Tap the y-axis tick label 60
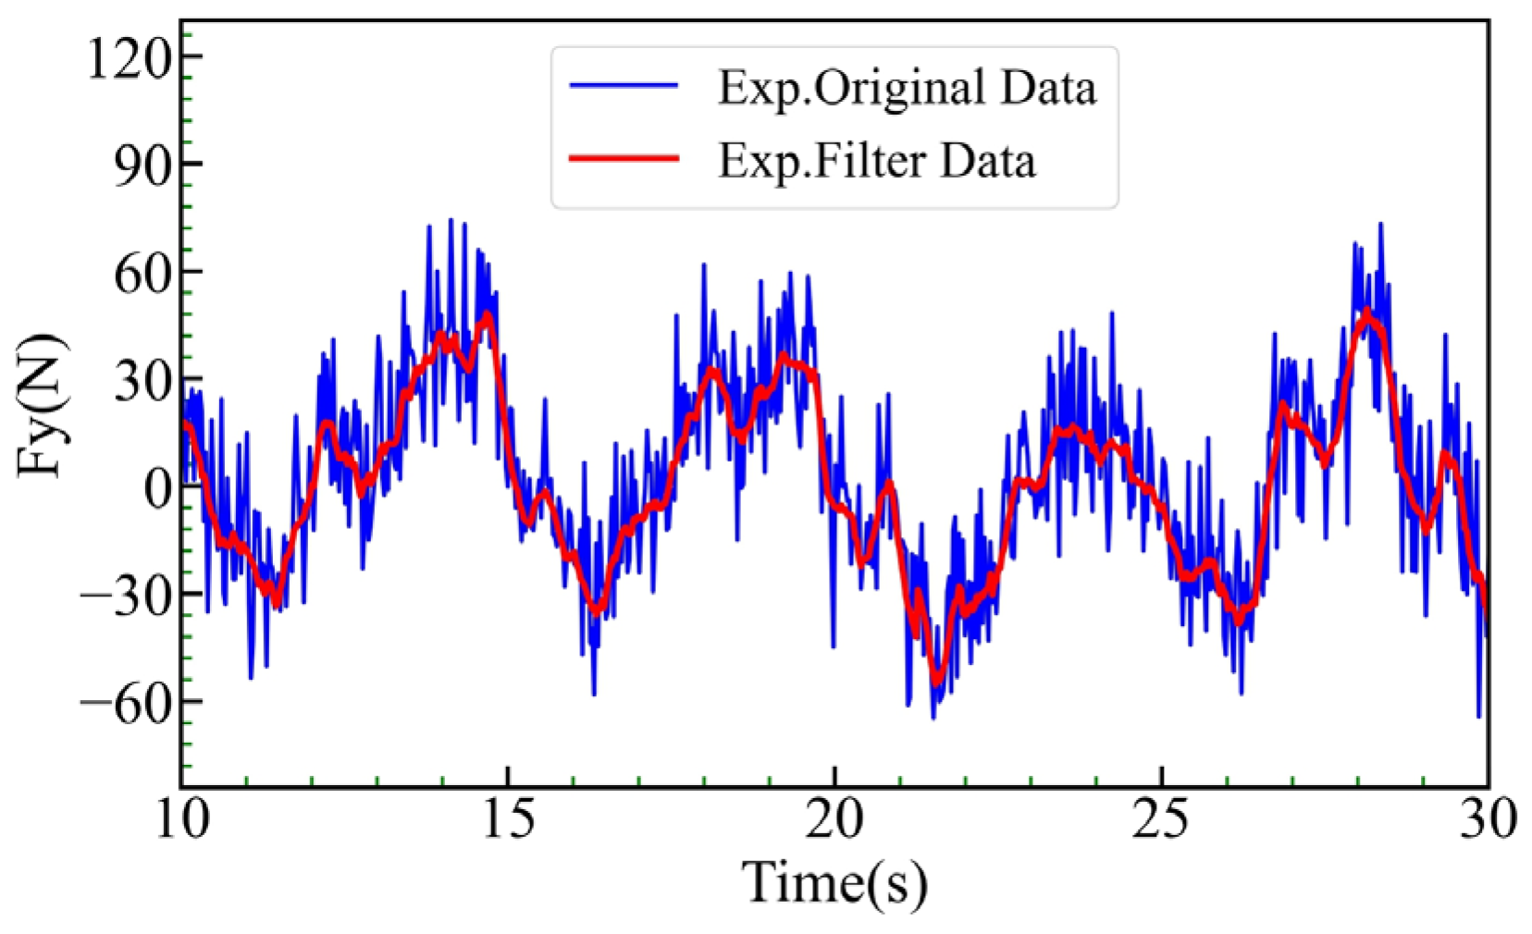pos(143,274)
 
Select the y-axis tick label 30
pos(143,381)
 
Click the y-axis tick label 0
pos(158,488)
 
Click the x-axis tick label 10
pos(182,817)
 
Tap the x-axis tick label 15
pos(509,817)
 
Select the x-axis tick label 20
pos(834,817)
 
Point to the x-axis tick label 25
pos(1161,817)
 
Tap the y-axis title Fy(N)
pos(41,407)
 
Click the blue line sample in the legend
pos(624,86)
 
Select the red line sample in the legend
pos(624,159)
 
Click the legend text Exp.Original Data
pos(907,89)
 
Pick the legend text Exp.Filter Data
pos(877,161)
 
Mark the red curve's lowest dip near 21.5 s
pos(937,682)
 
